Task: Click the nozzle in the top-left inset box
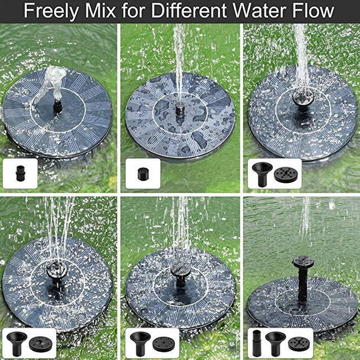(x=20, y=173)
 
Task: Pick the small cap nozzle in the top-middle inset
(x=143, y=174)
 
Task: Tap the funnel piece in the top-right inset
(x=262, y=174)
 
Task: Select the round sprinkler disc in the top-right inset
(x=286, y=175)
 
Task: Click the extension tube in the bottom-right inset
(x=257, y=343)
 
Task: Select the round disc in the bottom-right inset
(x=299, y=344)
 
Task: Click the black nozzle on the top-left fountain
(x=58, y=106)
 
